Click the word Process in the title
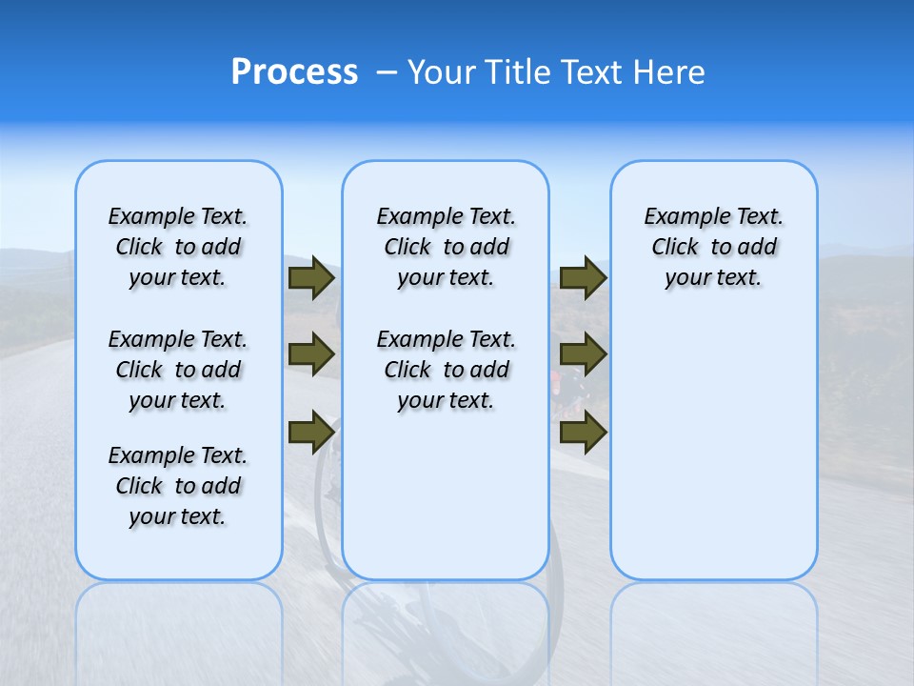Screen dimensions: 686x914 (293, 72)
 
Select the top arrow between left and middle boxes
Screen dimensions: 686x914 (311, 277)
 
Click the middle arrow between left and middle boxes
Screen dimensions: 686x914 (311, 354)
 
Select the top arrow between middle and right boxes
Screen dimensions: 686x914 (584, 277)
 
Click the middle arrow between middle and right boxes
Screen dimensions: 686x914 (584, 354)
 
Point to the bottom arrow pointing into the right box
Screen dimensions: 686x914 (584, 433)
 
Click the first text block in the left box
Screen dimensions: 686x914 (178, 247)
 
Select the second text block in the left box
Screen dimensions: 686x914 (178, 370)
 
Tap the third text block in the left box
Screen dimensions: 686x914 (178, 486)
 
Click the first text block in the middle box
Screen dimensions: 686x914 (446, 247)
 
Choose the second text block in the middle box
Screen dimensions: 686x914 (446, 370)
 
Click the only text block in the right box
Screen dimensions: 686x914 (713, 247)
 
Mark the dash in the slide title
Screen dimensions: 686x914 (387, 72)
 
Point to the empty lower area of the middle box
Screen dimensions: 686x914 (446, 495)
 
